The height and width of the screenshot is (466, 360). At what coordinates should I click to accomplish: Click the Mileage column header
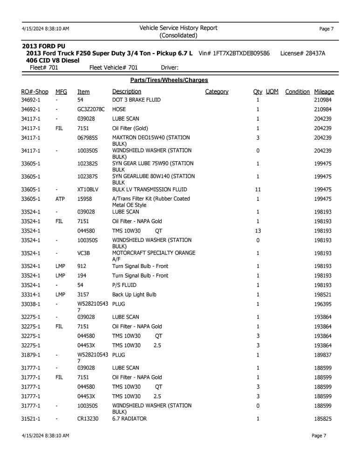(x=324, y=92)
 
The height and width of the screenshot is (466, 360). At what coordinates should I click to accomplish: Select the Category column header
(x=217, y=92)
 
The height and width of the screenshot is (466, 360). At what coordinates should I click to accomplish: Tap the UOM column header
(x=272, y=92)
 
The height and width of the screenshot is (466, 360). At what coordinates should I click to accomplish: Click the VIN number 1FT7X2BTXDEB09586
(x=241, y=54)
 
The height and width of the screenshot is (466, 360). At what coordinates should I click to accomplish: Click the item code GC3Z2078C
(x=91, y=110)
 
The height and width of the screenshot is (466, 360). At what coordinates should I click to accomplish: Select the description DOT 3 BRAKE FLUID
(x=136, y=100)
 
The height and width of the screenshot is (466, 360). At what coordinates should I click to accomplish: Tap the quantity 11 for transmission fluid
(x=258, y=190)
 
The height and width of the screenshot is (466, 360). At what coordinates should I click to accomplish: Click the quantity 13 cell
(x=258, y=231)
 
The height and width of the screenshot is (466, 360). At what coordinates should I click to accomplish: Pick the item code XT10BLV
(x=88, y=190)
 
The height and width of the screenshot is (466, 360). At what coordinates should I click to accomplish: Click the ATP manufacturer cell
(x=60, y=199)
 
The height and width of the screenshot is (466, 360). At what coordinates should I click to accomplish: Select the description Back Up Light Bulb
(x=134, y=295)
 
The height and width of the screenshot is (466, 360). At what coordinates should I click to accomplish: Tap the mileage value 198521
(x=323, y=295)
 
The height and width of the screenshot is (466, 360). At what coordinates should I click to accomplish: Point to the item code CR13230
(x=88, y=419)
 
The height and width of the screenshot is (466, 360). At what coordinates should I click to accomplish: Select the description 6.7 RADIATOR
(x=129, y=419)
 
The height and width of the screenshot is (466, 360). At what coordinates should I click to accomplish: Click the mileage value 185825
(x=323, y=419)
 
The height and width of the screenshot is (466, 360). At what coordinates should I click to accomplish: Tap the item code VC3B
(x=84, y=253)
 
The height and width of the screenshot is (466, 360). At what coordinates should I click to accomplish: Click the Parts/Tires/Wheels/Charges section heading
(x=169, y=80)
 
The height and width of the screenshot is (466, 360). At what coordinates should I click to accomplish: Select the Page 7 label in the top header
(x=326, y=29)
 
